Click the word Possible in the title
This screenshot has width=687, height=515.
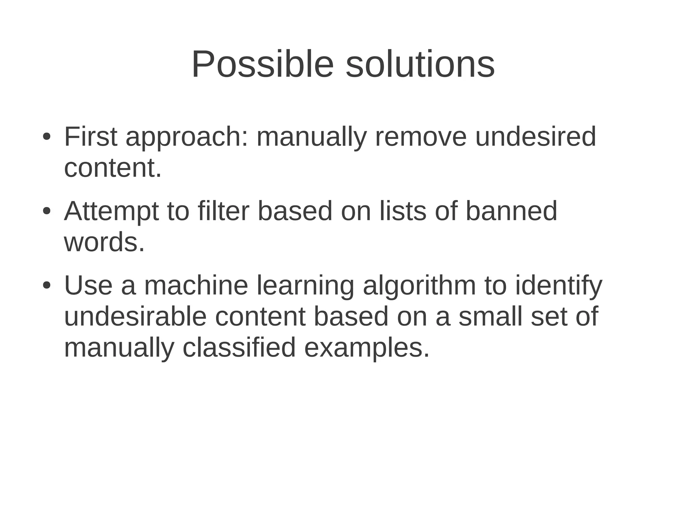click(x=263, y=64)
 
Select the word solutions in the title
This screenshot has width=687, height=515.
click(x=420, y=64)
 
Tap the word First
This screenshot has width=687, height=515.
click(x=91, y=137)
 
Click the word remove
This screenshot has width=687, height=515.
click(x=421, y=137)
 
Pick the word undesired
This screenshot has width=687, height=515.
click(x=536, y=137)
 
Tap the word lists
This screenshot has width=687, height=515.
click(x=403, y=211)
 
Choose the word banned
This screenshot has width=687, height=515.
click(x=512, y=211)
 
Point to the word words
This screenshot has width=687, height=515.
click(x=104, y=243)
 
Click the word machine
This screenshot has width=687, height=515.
click(x=196, y=286)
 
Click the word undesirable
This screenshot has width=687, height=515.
click(x=135, y=317)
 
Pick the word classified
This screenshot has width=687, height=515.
click(x=239, y=348)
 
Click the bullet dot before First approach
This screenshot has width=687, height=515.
click(x=46, y=138)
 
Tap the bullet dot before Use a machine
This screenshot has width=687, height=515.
click(x=46, y=286)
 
